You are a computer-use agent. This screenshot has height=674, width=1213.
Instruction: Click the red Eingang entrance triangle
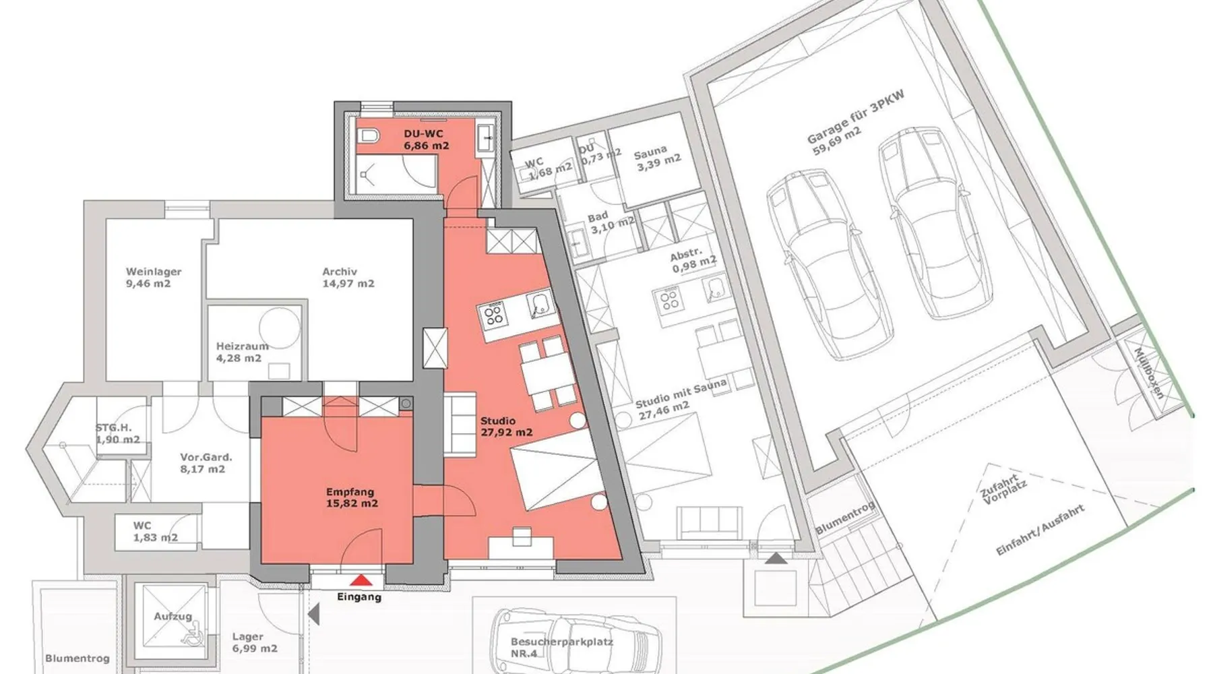pos(362,580)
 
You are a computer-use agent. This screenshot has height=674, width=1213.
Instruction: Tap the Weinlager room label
pos(153,278)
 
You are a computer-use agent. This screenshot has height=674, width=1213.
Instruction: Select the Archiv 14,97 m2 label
pos(348,278)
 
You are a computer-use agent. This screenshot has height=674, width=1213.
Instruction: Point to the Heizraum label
pos(242,352)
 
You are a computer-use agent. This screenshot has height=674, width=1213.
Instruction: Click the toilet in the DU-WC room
pos(368,135)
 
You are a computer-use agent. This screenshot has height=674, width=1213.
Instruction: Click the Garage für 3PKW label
pos(854,123)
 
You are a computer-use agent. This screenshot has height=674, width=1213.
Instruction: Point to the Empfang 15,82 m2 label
pos(350,497)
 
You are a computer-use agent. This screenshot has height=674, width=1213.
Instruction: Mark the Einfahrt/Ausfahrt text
pos(1040,530)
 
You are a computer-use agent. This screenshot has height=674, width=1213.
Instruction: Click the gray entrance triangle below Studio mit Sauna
pos(776,558)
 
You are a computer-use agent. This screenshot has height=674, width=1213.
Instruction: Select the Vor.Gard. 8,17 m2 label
pos(206,463)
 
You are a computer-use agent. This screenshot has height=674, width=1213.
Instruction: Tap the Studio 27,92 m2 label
pos(507,427)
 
